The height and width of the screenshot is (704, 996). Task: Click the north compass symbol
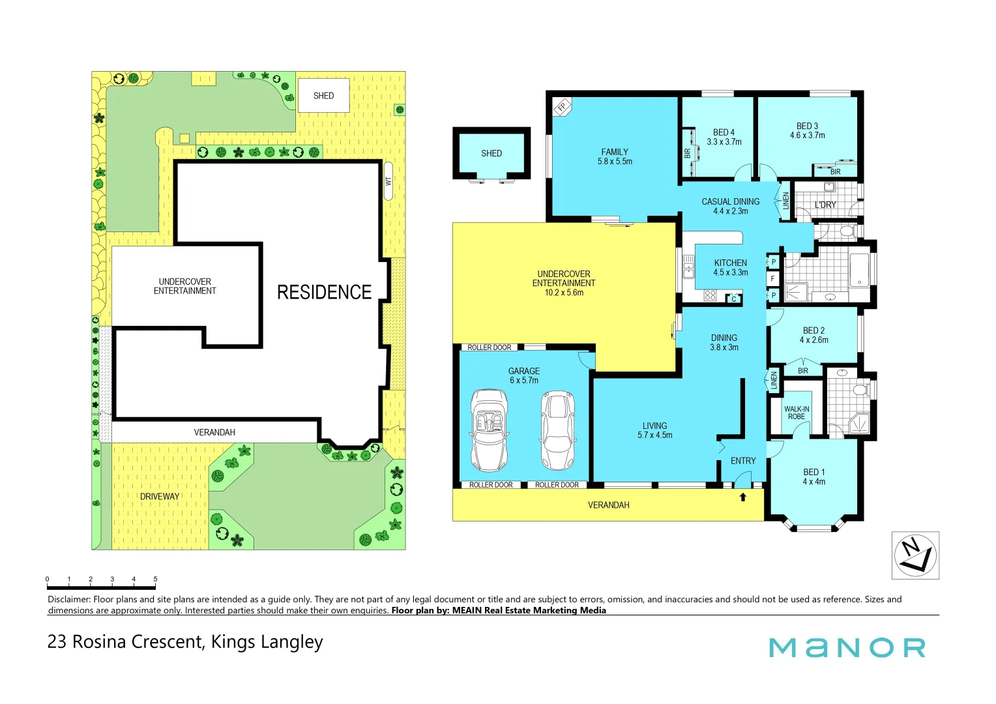click(x=915, y=555)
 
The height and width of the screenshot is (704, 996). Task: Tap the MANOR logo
click(x=847, y=648)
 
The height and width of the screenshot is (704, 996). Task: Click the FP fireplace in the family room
click(x=561, y=106)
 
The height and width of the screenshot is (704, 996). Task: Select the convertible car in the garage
click(x=490, y=430)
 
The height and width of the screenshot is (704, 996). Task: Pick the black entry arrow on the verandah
click(x=742, y=497)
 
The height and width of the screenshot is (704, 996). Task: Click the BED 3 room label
click(x=807, y=130)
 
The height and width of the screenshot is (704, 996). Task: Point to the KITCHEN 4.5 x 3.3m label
click(x=730, y=268)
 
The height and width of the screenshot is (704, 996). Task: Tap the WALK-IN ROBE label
click(x=796, y=413)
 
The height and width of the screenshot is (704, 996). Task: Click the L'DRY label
click(x=825, y=205)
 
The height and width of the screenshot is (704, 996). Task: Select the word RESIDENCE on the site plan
click(x=324, y=292)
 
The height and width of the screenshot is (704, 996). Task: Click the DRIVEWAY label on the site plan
click(x=160, y=497)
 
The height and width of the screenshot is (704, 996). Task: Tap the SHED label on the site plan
click(x=323, y=96)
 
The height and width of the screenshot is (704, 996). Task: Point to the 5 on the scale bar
click(x=155, y=579)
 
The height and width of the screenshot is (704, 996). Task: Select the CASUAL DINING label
click(x=730, y=206)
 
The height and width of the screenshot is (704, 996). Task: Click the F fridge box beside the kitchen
click(x=773, y=279)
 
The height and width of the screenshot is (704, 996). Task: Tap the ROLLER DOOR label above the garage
click(x=489, y=347)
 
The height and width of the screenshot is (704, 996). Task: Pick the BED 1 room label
click(x=813, y=477)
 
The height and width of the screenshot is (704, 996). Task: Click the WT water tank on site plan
click(x=388, y=181)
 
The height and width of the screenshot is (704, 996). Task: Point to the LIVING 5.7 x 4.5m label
click(x=654, y=430)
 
